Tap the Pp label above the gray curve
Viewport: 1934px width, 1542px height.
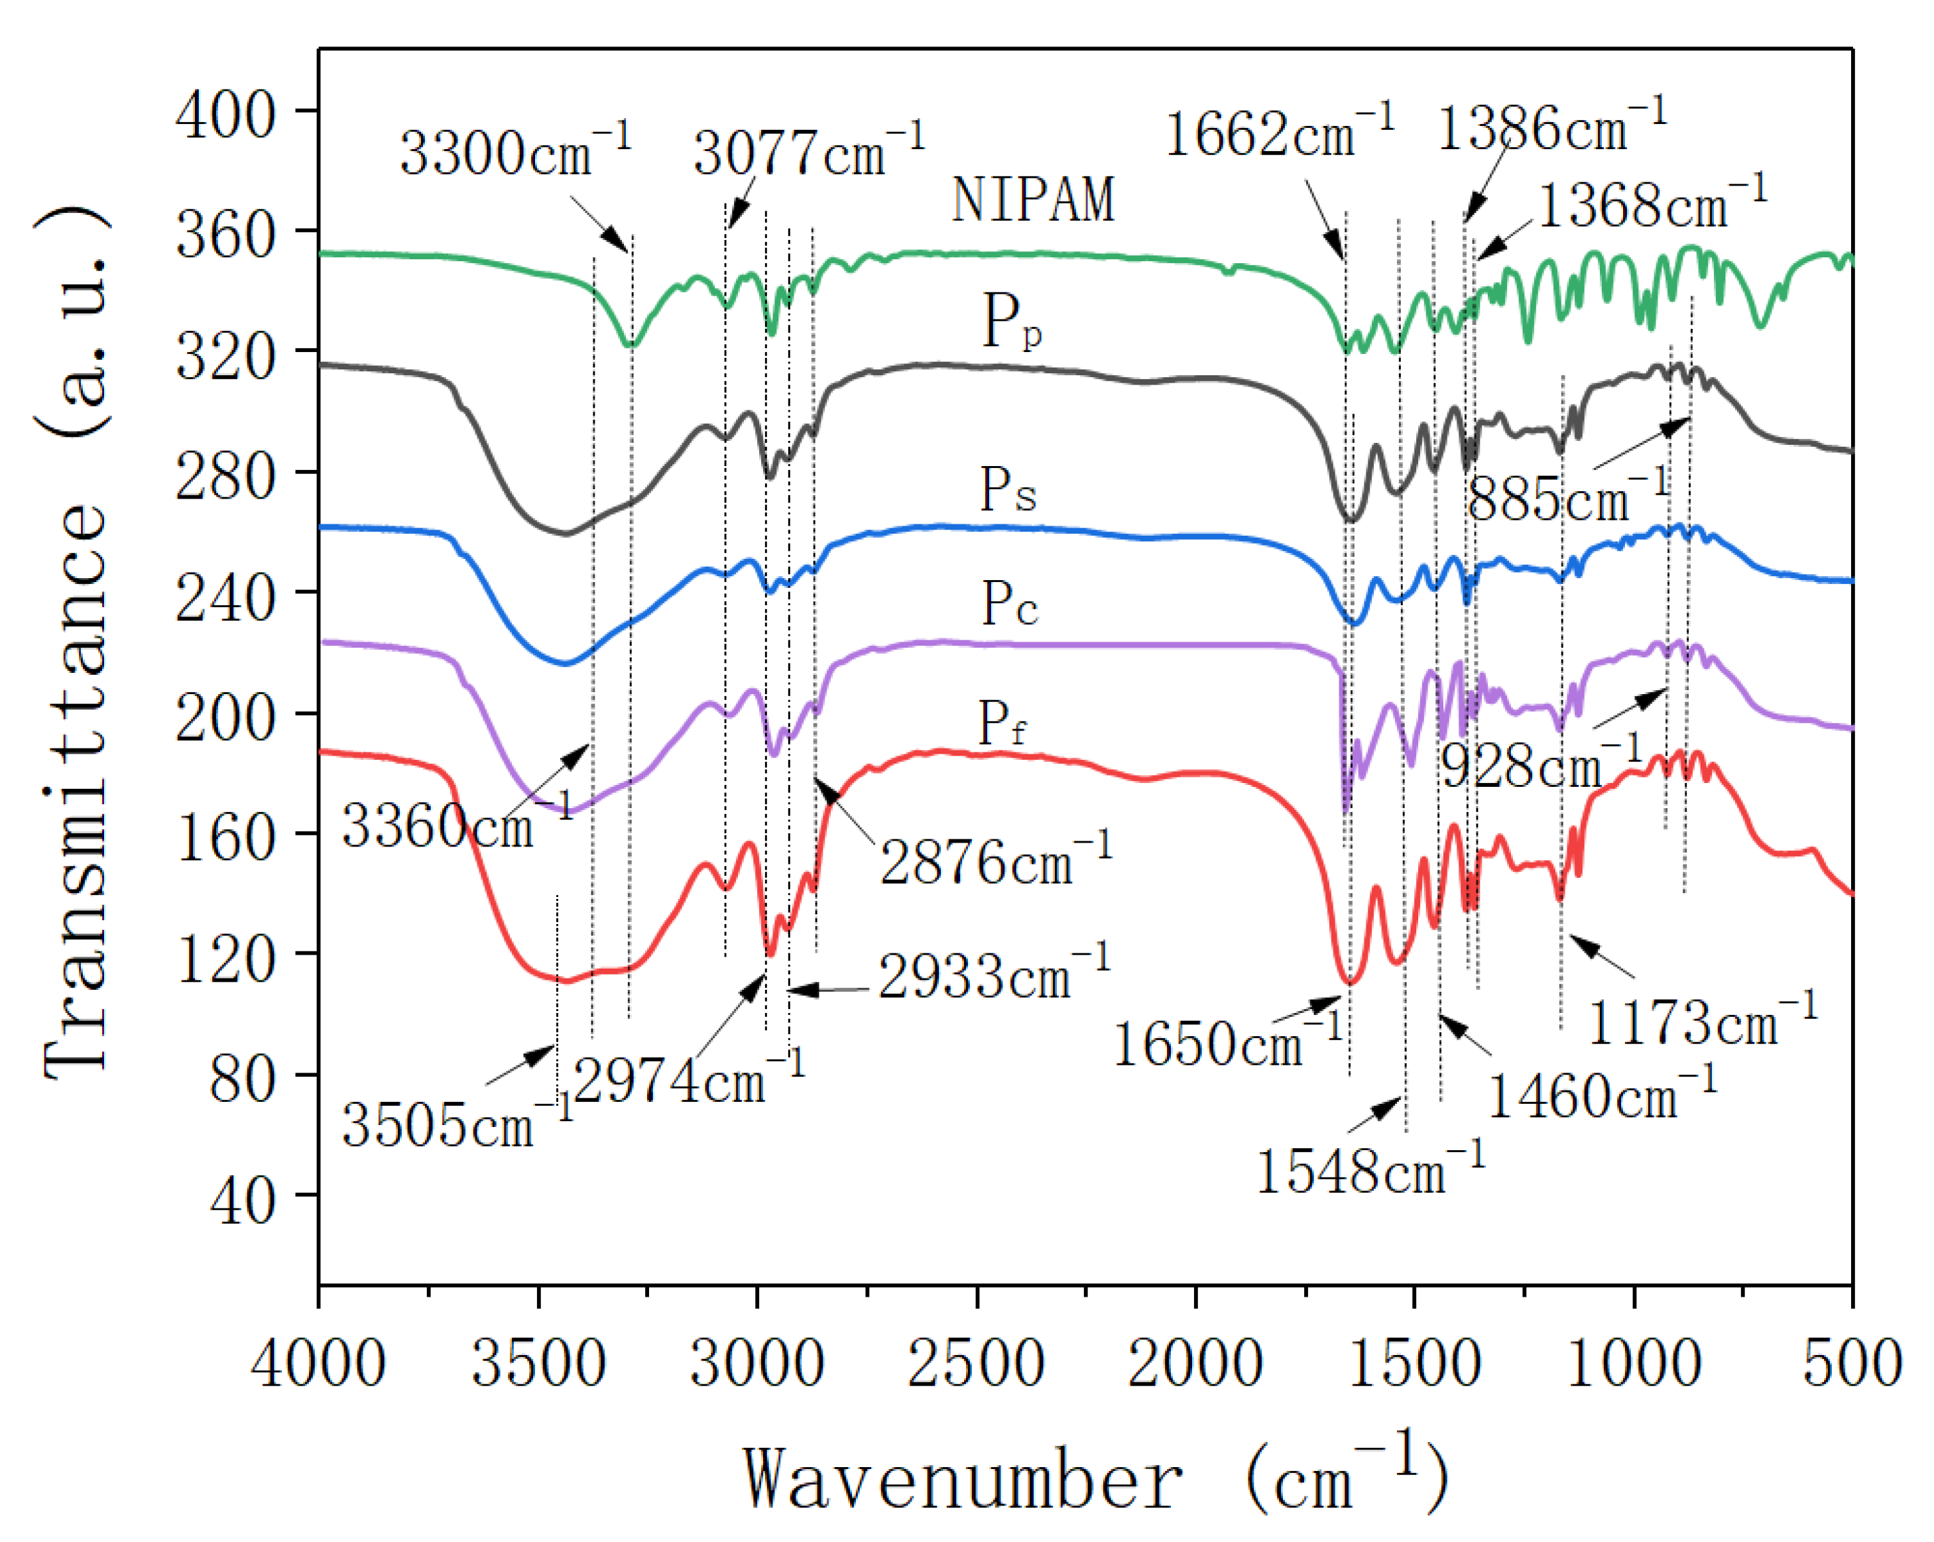(x=1011, y=320)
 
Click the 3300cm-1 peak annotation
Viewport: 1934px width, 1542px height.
(x=515, y=150)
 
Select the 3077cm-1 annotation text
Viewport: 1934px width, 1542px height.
(x=808, y=150)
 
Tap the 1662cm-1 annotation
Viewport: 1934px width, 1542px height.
(x=1279, y=133)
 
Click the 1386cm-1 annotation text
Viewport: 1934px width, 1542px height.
(x=1552, y=125)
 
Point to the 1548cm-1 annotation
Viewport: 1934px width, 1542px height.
(x=1370, y=1169)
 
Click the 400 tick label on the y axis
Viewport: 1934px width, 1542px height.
(x=225, y=115)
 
